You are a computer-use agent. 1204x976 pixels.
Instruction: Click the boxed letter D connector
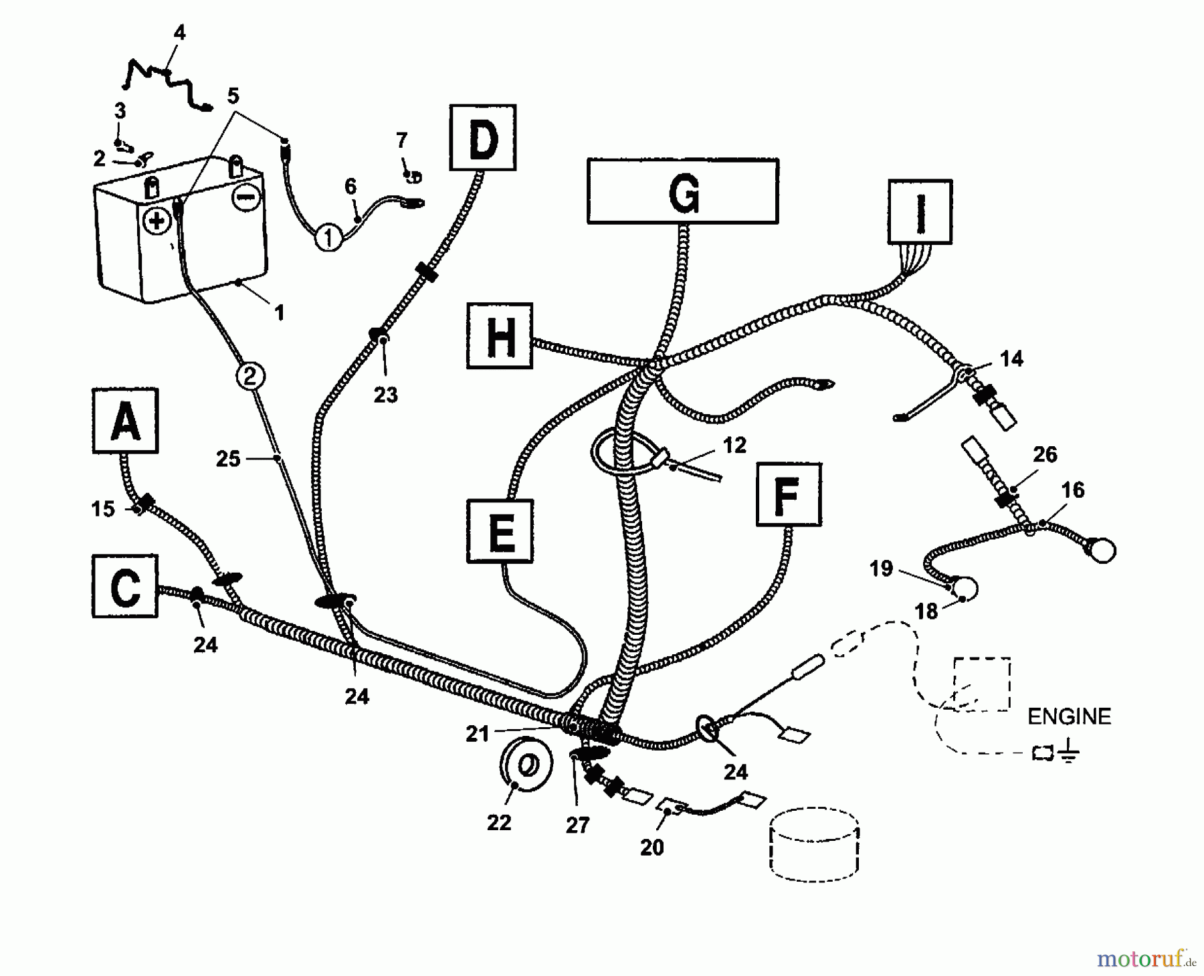click(x=483, y=138)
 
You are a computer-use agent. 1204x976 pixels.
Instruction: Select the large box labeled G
click(x=682, y=191)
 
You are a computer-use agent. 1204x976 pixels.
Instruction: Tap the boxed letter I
click(x=920, y=211)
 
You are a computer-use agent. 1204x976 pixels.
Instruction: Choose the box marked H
click(x=500, y=336)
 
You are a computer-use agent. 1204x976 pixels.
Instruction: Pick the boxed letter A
click(x=125, y=421)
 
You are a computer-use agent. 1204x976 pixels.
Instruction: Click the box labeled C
click(x=125, y=586)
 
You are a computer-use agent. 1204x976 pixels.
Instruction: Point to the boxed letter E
click(x=500, y=531)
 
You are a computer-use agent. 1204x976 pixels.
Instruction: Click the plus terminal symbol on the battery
click(x=158, y=221)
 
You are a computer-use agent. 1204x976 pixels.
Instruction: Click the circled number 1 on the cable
click(x=328, y=237)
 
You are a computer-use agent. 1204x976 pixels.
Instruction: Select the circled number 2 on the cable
click(x=250, y=376)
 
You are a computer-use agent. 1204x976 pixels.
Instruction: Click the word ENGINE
click(x=1068, y=716)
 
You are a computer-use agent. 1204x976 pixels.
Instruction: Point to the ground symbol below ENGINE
click(x=1068, y=754)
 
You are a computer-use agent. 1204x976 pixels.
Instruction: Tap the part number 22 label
click(x=499, y=823)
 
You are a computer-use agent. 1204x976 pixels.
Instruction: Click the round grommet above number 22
click(x=526, y=764)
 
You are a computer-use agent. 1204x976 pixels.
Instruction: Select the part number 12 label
click(x=734, y=445)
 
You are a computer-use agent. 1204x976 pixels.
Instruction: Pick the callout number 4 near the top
click(x=179, y=33)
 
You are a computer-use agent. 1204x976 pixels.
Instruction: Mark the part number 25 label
click(x=227, y=459)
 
